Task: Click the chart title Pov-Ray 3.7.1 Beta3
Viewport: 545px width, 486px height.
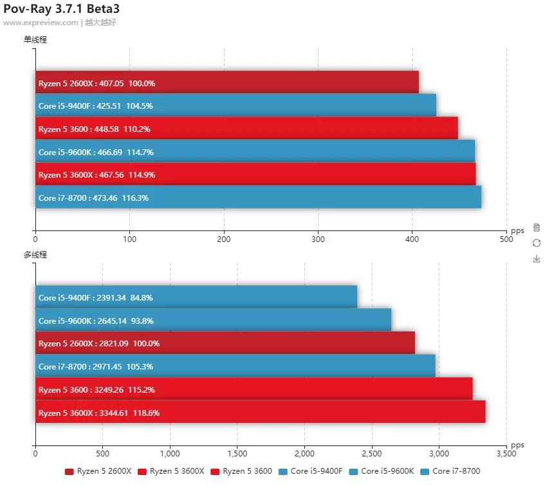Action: (x=61, y=9)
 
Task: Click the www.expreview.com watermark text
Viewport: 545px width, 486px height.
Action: (x=41, y=23)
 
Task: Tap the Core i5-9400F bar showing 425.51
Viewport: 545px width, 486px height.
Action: (x=236, y=106)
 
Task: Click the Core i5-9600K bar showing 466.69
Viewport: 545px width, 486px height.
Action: (x=255, y=152)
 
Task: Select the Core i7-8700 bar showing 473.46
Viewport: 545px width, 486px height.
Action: (x=258, y=198)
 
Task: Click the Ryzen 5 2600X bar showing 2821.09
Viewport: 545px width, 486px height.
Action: (x=225, y=343)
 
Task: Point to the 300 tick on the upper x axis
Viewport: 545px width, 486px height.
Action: (x=318, y=239)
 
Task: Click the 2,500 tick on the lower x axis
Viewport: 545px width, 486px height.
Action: (x=371, y=454)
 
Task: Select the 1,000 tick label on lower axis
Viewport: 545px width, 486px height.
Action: (x=169, y=454)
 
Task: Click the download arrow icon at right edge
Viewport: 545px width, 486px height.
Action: (x=536, y=259)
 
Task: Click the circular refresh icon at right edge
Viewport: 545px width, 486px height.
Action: (x=536, y=243)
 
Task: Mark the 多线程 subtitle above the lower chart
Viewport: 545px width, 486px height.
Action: (x=35, y=254)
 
